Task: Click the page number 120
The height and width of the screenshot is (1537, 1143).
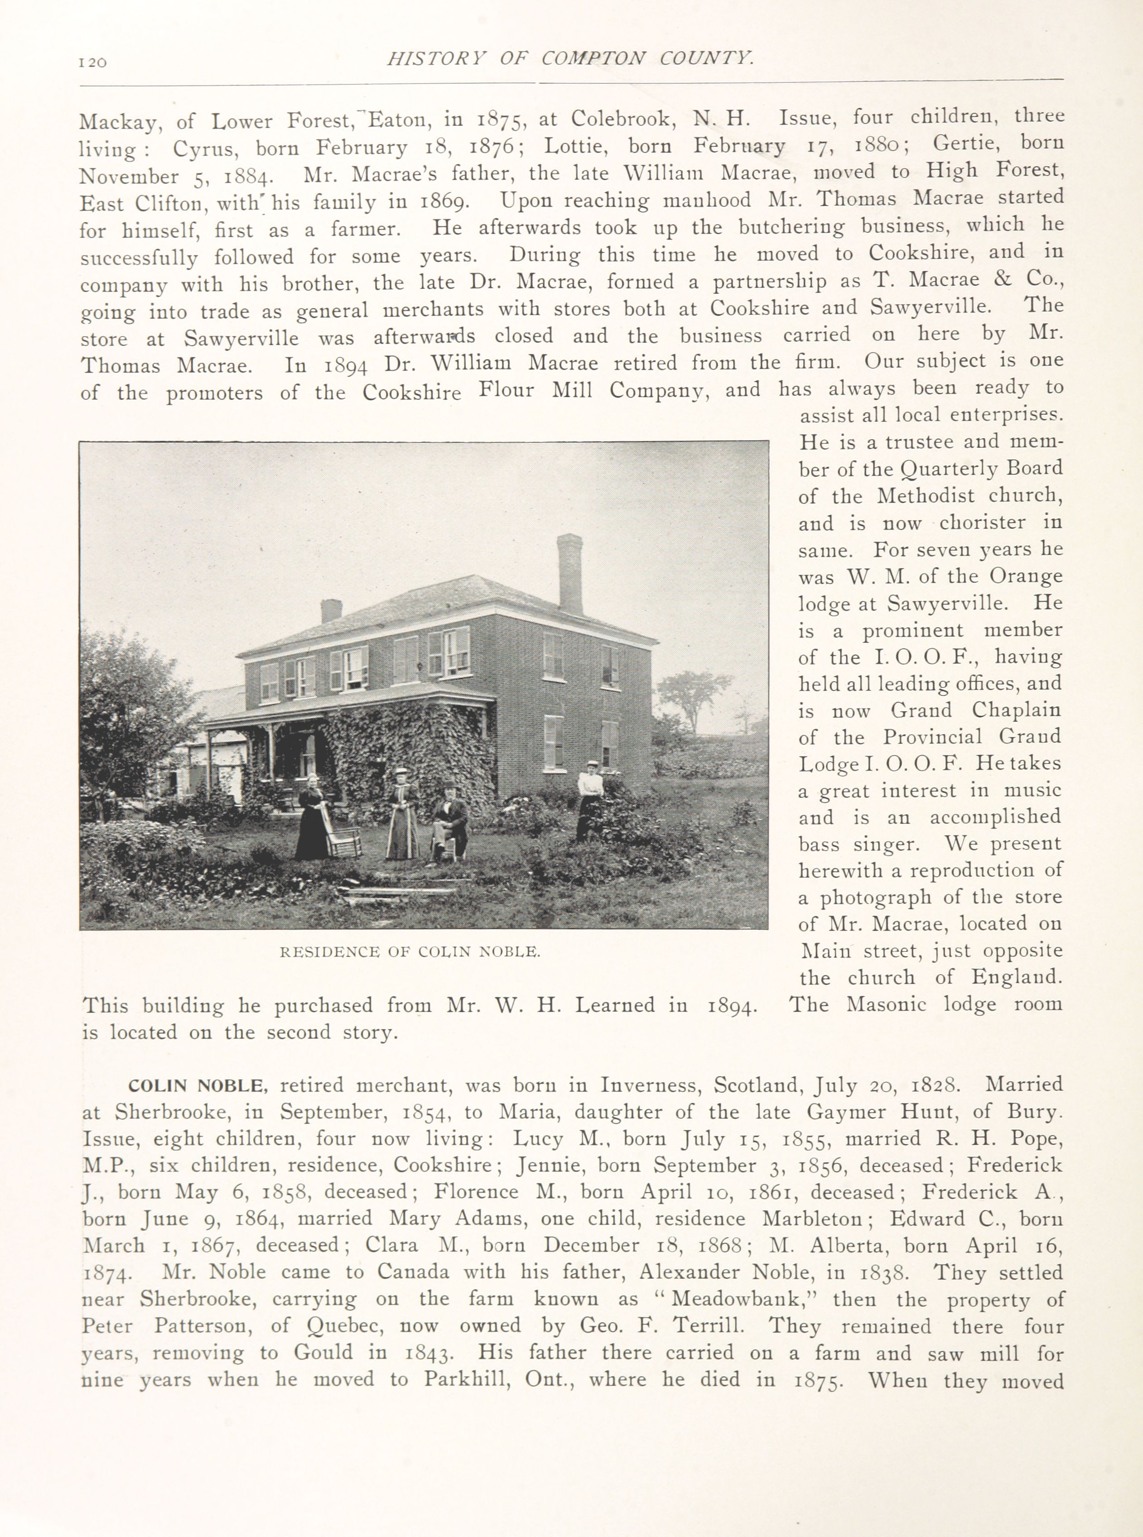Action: [93, 62]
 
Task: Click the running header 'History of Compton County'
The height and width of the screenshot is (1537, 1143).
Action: [569, 58]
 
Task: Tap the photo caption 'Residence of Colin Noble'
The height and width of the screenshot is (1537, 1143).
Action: [410, 952]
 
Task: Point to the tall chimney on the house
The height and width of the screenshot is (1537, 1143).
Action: [569, 574]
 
